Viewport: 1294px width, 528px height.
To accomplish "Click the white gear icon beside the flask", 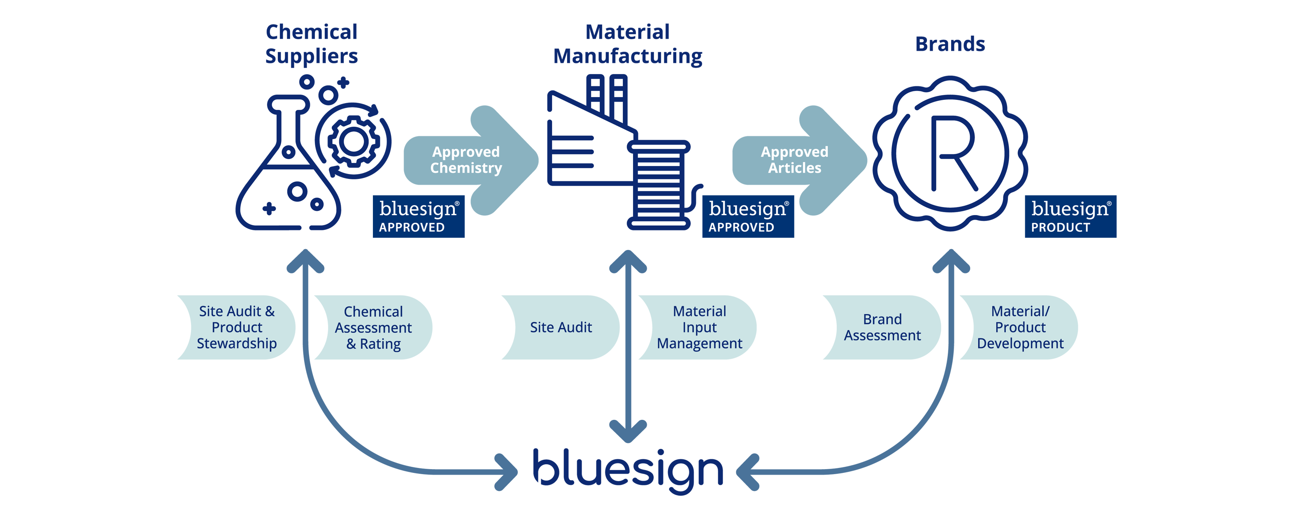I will pos(354,141).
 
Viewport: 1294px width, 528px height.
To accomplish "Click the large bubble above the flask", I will pos(328,95).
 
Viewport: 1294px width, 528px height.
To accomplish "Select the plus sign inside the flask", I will pos(269,208).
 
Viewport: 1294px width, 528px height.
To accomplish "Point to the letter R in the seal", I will pos(952,153).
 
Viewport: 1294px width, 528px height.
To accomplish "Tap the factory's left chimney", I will pos(595,98).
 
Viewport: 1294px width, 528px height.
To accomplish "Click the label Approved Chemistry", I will pos(465,160).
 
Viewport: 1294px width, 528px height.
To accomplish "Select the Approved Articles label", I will pos(794,160).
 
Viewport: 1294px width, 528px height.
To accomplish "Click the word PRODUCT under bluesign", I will pos(1060,227).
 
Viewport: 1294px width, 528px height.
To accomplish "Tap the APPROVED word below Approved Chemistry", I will pos(412,227).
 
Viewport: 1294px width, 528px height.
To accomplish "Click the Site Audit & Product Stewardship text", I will pos(237,327).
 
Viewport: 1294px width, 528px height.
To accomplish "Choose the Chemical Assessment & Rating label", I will pos(373,328).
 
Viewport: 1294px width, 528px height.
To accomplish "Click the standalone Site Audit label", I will pos(561,327).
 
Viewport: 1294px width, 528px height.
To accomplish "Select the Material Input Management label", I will pos(699,327).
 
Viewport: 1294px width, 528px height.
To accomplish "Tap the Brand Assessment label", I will pos(882,327).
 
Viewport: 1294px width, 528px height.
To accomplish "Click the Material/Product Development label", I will pos(1020,327).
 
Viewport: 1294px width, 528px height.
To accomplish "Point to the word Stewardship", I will pos(237,344).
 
